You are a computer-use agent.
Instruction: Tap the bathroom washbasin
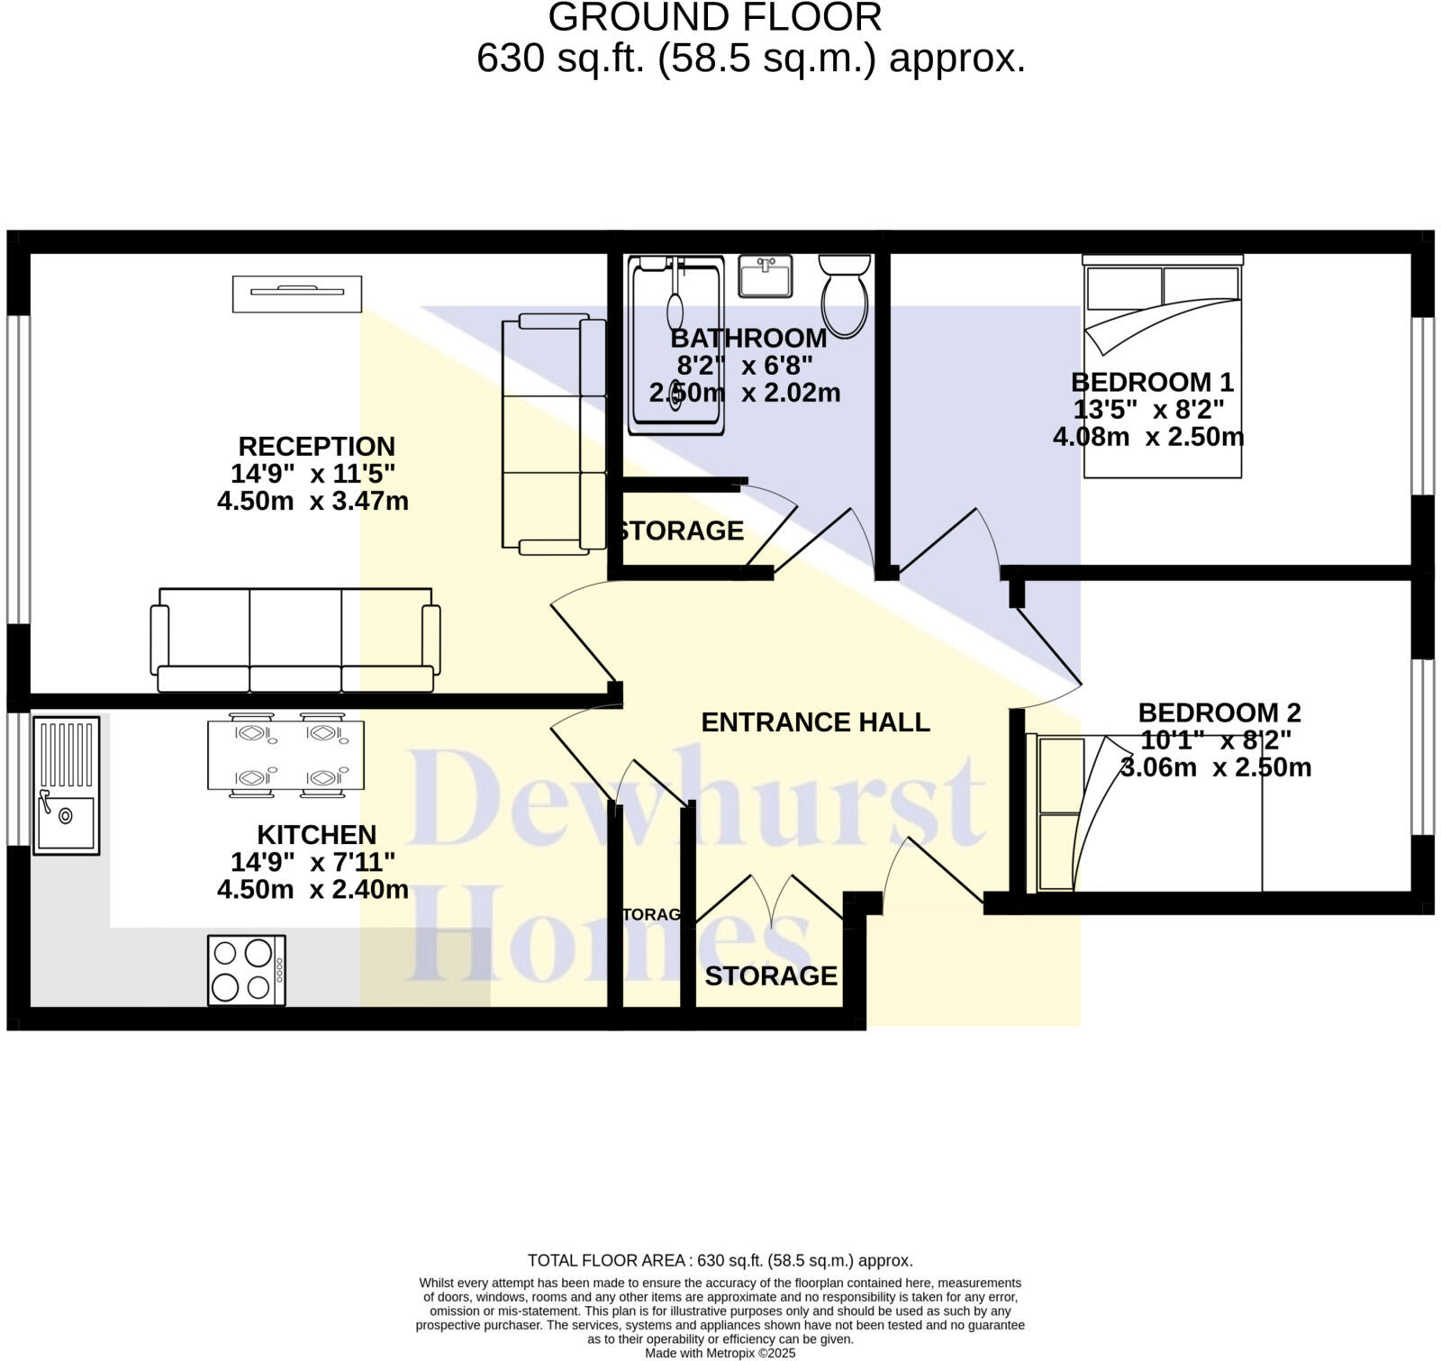pyautogui.click(x=765, y=276)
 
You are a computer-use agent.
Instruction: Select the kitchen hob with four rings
pyautogui.click(x=246, y=970)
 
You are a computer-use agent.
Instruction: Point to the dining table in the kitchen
pyautogui.click(x=285, y=755)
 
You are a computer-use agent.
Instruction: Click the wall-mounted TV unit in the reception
pyautogui.click(x=297, y=294)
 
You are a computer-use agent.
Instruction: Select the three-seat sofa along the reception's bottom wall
pyautogui.click(x=295, y=640)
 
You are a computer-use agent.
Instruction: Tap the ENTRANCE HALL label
pyautogui.click(x=815, y=722)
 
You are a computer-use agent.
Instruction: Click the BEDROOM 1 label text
pyautogui.click(x=1152, y=382)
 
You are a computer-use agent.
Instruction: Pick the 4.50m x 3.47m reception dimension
pyautogui.click(x=313, y=501)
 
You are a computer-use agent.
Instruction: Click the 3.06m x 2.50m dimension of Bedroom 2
pyautogui.click(x=1216, y=768)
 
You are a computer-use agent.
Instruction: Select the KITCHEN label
pyautogui.click(x=316, y=834)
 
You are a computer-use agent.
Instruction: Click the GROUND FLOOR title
pyautogui.click(x=715, y=18)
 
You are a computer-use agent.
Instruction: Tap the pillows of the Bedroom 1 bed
pyautogui.click(x=1162, y=286)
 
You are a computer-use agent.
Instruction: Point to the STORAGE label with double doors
pyautogui.click(x=771, y=975)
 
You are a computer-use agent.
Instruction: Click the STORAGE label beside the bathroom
pyautogui.click(x=682, y=531)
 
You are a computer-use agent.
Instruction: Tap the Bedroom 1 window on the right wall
pyautogui.click(x=1421, y=405)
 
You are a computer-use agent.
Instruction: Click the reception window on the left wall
pyautogui.click(x=18, y=468)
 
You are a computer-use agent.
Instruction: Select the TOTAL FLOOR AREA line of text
pyautogui.click(x=720, y=1260)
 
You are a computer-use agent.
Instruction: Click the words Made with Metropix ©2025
pyautogui.click(x=720, y=1353)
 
